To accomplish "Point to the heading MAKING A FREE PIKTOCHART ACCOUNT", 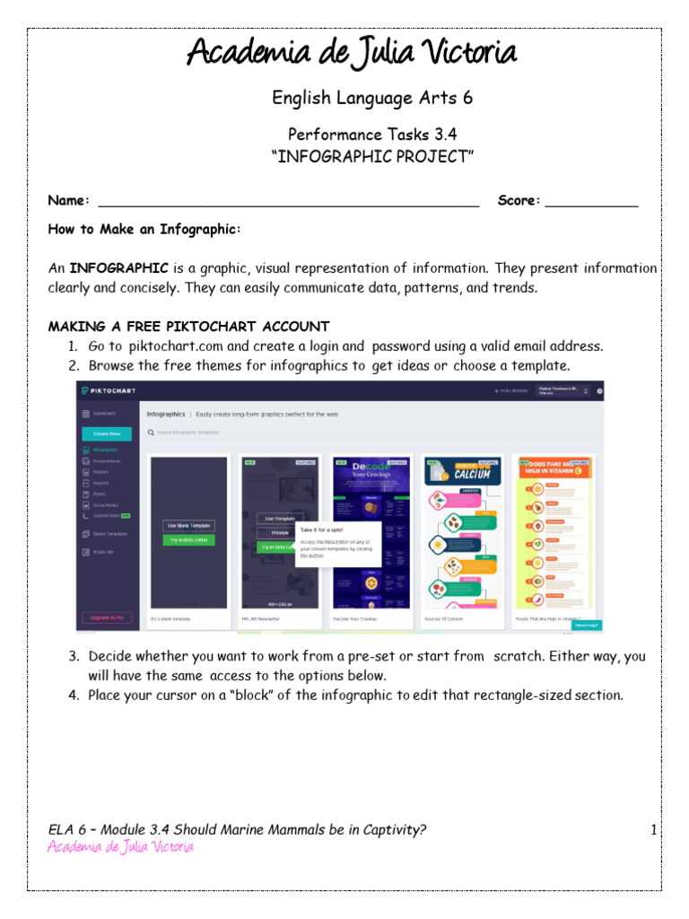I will [188, 327].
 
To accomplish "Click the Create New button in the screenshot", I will [106, 433].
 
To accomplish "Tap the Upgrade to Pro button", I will [106, 617].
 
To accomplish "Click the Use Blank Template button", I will [188, 525].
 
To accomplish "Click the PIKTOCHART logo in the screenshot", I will [114, 390].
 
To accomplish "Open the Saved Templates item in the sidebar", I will [108, 534].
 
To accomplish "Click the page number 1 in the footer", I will [654, 830].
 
